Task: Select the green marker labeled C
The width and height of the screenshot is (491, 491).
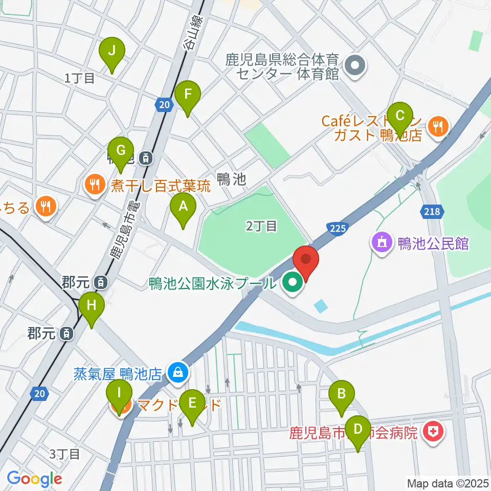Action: (x=400, y=114)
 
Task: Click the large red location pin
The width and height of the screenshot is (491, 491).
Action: (x=306, y=261)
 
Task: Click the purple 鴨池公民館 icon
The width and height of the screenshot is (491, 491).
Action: (x=382, y=243)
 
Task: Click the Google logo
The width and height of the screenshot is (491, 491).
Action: (x=34, y=479)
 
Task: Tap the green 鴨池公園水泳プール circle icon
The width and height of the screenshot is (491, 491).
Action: (x=292, y=282)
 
